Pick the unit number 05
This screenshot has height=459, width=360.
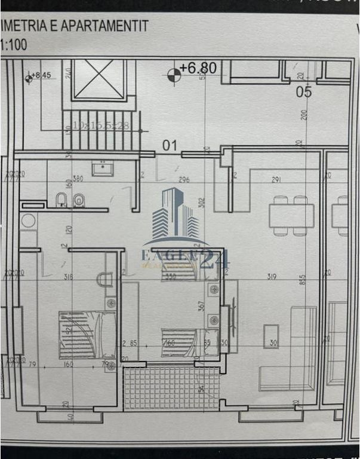tap(304, 91)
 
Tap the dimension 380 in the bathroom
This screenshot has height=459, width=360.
tap(77, 178)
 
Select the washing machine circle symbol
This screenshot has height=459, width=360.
tap(28, 221)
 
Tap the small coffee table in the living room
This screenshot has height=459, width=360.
tap(271, 336)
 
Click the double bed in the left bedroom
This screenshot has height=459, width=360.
tap(87, 335)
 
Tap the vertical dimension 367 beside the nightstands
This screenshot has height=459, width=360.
tap(201, 305)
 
